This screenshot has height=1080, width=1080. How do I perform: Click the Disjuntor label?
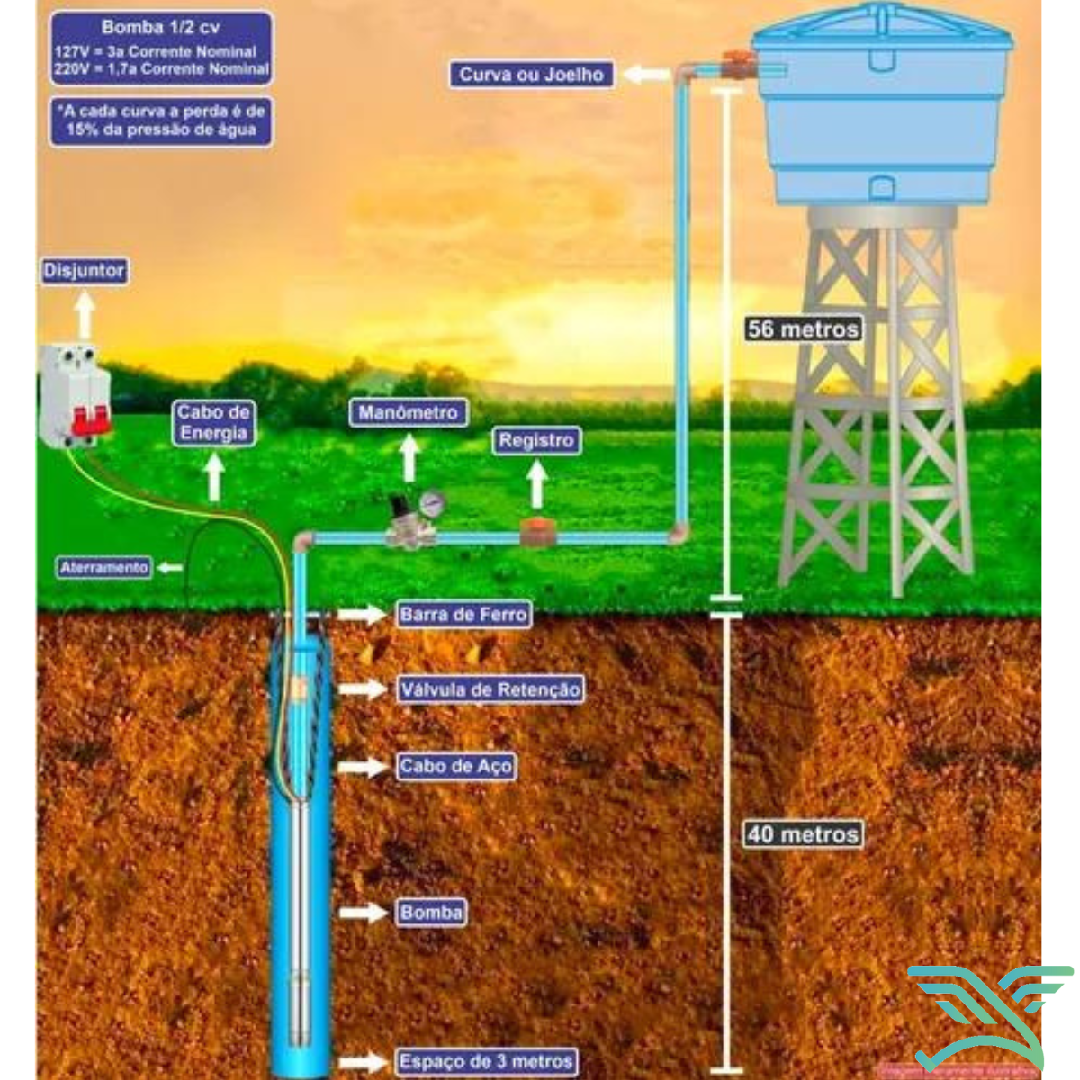point(84,271)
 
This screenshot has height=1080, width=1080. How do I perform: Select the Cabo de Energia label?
point(212,423)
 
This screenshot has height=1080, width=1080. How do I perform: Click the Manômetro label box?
point(409,413)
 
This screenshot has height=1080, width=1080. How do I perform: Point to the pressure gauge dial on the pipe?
point(432,503)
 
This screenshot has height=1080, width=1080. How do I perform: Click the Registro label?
point(536,441)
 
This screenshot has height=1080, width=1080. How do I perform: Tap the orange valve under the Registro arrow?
point(536,531)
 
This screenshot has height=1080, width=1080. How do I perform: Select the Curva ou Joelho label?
point(531,75)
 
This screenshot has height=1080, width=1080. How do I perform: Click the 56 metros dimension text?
point(803,329)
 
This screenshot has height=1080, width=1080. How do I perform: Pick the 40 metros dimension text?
point(803,834)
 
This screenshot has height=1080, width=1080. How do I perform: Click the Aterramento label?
point(103,568)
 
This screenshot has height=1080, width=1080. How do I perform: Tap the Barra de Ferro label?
point(463,615)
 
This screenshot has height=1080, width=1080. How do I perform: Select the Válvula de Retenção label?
point(490,690)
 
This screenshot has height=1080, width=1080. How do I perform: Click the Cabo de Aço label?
point(456,767)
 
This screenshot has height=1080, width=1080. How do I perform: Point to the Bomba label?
point(431,913)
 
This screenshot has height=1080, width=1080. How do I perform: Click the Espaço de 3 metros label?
point(486,1061)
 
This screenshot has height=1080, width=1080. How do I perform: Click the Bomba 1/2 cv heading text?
point(160,28)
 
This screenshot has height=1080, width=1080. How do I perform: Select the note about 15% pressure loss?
point(161,121)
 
